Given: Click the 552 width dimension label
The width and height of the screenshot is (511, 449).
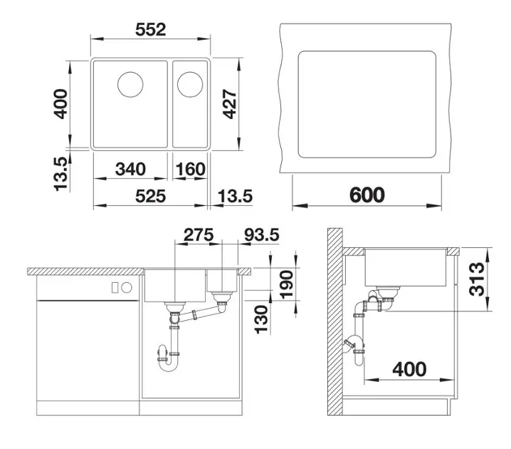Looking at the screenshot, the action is [x=151, y=29].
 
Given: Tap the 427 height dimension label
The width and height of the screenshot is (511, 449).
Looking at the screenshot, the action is [x=229, y=104].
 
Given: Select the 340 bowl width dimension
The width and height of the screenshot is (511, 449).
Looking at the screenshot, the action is [x=130, y=169].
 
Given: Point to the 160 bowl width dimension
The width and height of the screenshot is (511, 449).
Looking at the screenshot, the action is [x=190, y=169].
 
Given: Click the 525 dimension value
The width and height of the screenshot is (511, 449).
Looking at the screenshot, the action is [x=151, y=196].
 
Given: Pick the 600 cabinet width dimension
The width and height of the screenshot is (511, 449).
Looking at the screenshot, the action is [x=367, y=195].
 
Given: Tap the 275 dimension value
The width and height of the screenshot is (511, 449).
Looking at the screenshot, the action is [x=199, y=234].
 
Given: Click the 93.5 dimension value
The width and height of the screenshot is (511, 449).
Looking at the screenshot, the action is [x=262, y=234].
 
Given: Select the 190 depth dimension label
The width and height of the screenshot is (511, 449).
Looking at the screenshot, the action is [x=287, y=284].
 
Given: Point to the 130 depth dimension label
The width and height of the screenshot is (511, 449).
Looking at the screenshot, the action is [x=261, y=319].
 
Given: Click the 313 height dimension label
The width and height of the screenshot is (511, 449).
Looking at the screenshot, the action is [x=477, y=279].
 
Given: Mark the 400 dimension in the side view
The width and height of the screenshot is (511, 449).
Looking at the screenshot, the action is [x=409, y=369].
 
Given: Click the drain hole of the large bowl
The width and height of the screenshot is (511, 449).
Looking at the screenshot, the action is [x=130, y=84].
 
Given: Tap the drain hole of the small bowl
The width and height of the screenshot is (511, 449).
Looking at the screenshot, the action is [x=190, y=84].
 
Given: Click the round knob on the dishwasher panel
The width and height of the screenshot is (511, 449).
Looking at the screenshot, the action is [x=127, y=288].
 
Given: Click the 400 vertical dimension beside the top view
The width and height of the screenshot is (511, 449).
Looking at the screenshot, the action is [x=60, y=104].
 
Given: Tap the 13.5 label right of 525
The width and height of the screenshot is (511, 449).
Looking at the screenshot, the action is [x=235, y=196].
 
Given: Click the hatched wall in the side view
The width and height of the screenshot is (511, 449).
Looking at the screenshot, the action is [x=334, y=321].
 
